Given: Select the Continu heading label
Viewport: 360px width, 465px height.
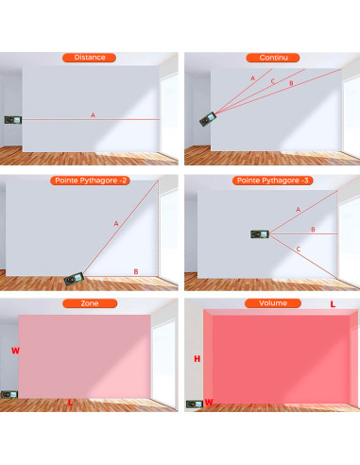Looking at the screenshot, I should (x=269, y=58).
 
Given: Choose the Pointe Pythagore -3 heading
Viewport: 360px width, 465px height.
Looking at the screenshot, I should (x=269, y=180).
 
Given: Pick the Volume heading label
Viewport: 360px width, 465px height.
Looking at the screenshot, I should (x=269, y=303).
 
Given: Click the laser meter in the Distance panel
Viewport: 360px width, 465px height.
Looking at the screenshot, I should (x=12, y=120).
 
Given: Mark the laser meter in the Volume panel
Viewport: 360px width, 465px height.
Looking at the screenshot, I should (x=195, y=404).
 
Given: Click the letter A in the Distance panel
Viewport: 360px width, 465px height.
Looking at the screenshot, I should (x=93, y=115).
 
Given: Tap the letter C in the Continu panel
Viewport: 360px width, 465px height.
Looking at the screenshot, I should (x=273, y=81).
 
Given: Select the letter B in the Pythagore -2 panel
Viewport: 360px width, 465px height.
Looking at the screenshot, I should (x=136, y=272).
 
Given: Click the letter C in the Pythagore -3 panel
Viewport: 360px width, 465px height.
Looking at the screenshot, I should (x=299, y=250).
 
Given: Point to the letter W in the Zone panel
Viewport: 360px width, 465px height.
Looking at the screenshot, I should (x=14, y=350).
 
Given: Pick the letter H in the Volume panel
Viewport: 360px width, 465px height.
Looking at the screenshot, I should (x=197, y=359).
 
